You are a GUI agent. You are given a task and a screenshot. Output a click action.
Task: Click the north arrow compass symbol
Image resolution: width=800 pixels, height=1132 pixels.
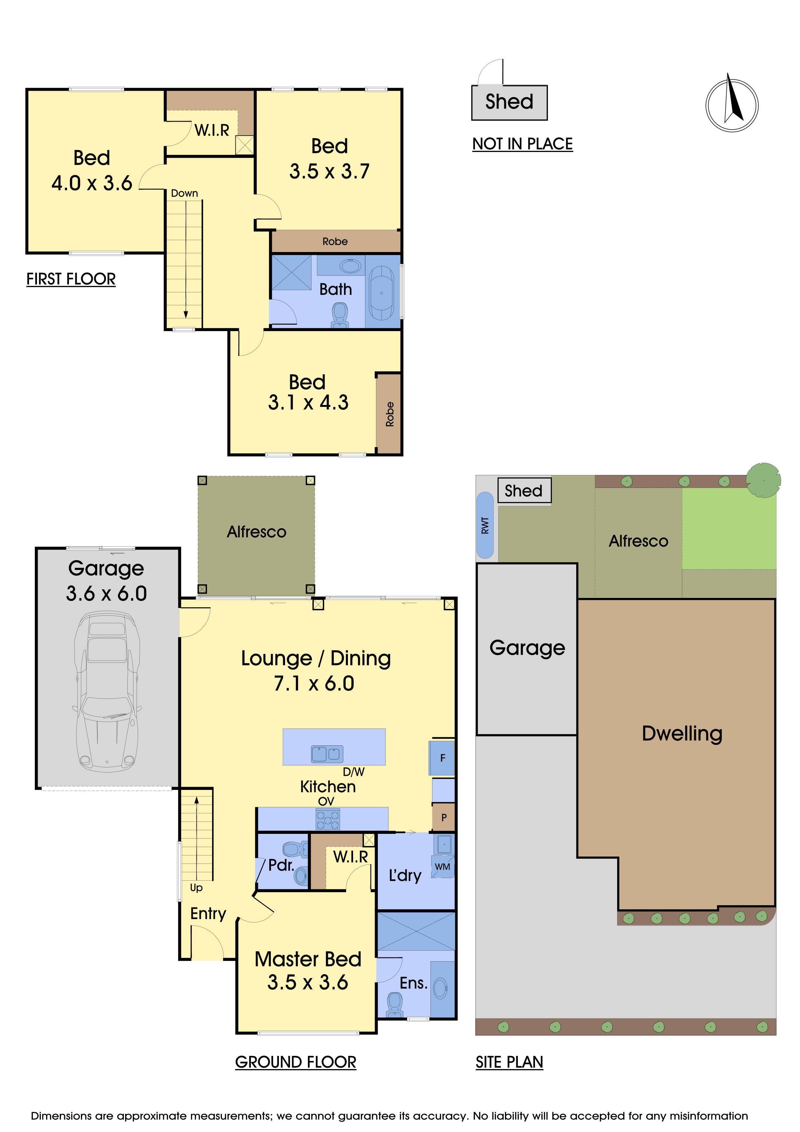732,105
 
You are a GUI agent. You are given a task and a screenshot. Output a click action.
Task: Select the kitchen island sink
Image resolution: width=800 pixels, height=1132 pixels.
327,754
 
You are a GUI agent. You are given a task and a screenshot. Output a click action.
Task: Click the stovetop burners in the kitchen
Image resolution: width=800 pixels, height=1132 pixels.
328,819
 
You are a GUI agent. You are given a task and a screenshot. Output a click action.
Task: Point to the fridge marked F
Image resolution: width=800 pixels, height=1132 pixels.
442,758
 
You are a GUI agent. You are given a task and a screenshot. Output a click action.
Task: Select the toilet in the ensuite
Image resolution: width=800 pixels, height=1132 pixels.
395,1005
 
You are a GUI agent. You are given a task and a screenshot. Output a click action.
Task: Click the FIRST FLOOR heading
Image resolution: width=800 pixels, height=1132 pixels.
71,279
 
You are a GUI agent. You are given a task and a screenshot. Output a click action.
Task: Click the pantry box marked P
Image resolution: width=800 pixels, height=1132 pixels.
443,817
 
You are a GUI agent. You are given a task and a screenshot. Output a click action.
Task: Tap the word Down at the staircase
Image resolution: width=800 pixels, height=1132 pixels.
184,193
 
